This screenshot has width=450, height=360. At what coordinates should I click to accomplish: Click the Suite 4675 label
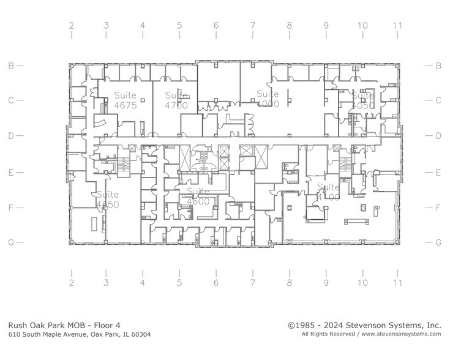pos(126,100)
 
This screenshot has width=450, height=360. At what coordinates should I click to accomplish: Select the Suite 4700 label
pos(176,100)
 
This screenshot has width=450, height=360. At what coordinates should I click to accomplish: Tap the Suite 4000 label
pos(268,99)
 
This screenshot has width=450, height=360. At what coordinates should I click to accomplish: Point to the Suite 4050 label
pos(362,100)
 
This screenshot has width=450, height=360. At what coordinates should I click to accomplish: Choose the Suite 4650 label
pos(107,199)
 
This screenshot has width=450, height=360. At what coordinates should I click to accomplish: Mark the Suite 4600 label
pos(198,196)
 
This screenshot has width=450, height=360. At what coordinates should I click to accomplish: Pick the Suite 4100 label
pos(328,192)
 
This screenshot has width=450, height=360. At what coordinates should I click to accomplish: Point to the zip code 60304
pos(138,335)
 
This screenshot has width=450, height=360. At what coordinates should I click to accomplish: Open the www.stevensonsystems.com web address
pos(401,335)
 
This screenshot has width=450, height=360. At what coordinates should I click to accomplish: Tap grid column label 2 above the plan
pos(71,26)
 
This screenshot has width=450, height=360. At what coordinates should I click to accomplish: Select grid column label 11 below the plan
pos(398,283)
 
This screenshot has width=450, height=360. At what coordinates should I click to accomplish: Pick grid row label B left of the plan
pos(10,66)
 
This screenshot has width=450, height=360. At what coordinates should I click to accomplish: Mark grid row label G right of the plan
pos(438,242)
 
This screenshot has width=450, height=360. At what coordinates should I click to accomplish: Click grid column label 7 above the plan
pos(252,26)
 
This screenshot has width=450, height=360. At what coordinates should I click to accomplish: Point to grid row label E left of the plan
pos(10,173)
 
